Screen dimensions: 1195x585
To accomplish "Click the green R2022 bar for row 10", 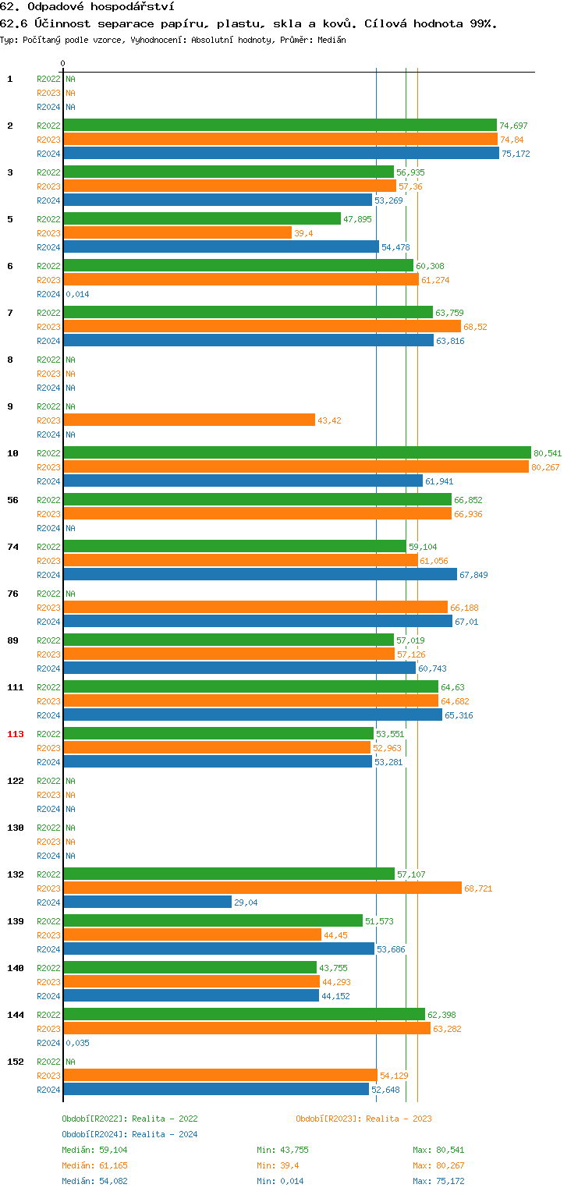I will point(296,452).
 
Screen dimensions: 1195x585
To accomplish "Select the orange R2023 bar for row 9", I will point(189,420).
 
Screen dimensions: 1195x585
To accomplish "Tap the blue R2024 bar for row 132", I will point(147,902).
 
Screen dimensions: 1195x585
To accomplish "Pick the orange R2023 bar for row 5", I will point(177,232).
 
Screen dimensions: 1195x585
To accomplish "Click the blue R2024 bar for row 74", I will point(260,574).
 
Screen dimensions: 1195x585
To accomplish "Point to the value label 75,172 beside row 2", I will point(516,154).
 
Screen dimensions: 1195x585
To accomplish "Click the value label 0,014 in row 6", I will point(77,294).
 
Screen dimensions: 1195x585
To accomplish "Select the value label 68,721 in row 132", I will point(478,888).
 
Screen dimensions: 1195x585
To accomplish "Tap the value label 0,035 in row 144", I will point(77,1043).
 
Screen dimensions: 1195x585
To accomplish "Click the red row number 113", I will point(16,734).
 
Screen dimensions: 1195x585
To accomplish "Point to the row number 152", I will point(16,1062).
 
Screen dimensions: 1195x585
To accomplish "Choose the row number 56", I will point(12,500).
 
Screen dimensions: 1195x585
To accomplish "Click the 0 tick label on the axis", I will point(62,63).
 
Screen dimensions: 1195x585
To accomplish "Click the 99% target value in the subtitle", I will point(481,23).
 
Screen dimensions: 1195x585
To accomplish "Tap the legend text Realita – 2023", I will point(399,1119).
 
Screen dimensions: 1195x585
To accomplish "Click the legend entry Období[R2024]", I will point(94,1134).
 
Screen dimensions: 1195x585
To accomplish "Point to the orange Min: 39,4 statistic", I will point(278,1165).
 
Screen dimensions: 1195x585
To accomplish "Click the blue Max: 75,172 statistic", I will point(438,1181).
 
